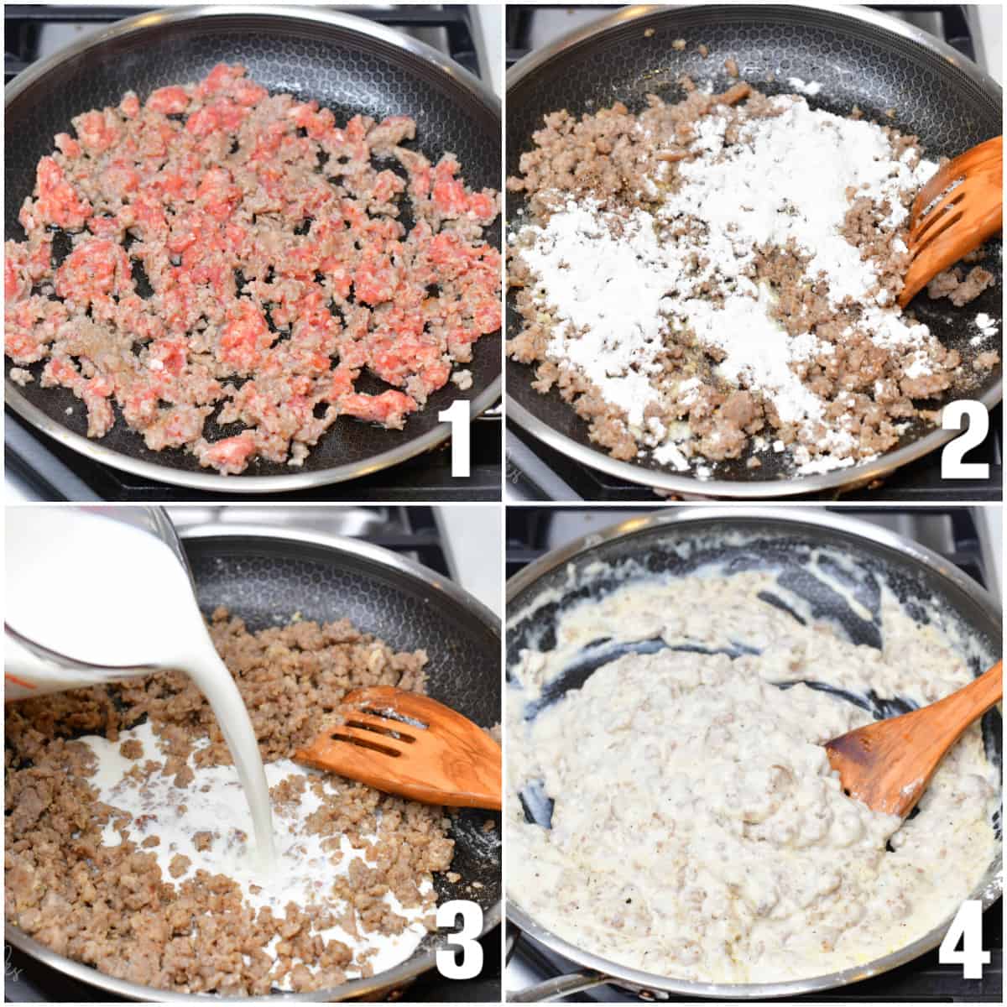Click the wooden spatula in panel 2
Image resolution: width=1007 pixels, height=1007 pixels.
pos(952,218)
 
